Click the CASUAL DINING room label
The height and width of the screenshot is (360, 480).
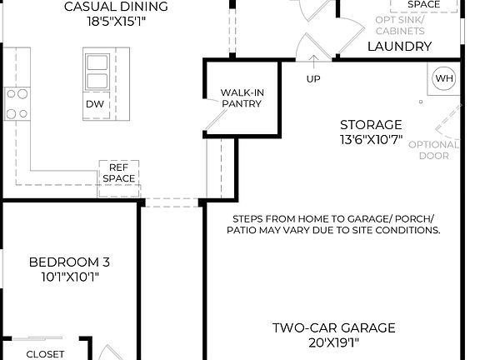[116, 7]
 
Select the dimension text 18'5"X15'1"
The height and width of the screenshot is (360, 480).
[116, 24]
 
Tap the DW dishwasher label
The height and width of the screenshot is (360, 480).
[94, 104]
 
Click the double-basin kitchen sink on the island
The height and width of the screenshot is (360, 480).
[96, 71]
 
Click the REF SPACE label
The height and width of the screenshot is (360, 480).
[118, 172]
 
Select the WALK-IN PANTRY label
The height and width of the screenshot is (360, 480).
[242, 98]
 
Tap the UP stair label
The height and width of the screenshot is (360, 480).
[314, 79]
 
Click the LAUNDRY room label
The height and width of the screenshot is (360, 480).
[399, 47]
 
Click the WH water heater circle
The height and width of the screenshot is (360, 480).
[445, 78]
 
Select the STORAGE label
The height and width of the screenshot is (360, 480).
[370, 125]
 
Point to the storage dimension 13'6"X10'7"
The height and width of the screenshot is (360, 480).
[370, 140]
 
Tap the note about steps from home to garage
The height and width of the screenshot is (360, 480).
[333, 224]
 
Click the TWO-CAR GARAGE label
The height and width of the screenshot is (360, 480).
[333, 327]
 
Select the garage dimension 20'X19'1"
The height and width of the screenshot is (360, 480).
[333, 342]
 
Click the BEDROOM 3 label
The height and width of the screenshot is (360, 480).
[69, 262]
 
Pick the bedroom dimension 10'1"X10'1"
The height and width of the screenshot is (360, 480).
[69, 277]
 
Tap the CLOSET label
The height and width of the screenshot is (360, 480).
[45, 353]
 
